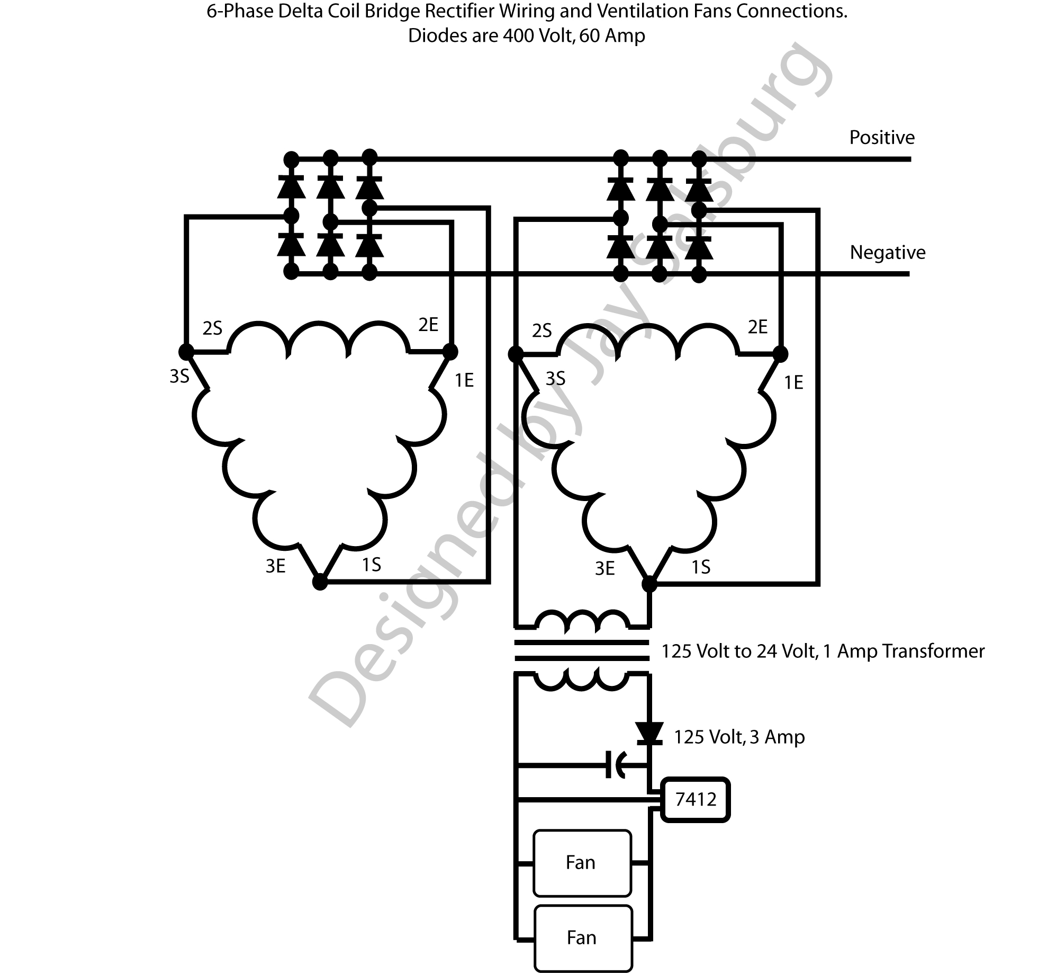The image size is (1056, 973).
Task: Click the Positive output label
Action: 882,138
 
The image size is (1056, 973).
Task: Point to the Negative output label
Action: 888,253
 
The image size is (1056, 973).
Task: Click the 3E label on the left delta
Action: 276,567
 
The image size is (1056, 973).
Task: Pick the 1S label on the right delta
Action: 701,568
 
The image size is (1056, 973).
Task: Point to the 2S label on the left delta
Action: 212,329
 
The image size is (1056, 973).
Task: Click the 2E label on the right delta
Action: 757,327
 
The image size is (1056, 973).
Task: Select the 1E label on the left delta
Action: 464,381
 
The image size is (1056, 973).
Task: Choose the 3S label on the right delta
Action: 555,379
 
